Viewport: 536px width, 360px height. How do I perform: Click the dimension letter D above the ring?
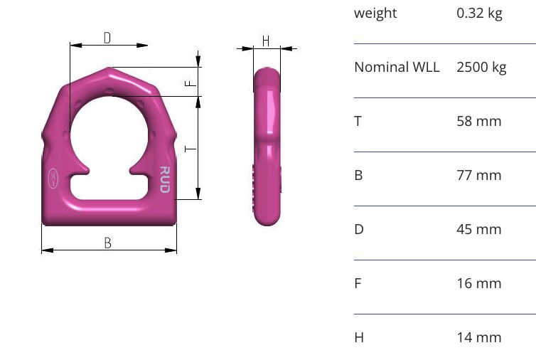[107, 38]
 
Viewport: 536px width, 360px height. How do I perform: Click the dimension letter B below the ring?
[108, 243]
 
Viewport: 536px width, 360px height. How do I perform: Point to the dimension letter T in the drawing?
[189, 149]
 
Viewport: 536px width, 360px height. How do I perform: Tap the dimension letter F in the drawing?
[189, 83]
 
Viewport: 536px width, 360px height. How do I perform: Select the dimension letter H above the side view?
[266, 41]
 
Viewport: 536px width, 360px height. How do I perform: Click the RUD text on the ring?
[164, 179]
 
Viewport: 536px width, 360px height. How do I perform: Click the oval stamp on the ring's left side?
[53, 178]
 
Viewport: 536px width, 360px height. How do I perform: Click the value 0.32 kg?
[479, 13]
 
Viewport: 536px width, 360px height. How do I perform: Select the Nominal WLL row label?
[397, 68]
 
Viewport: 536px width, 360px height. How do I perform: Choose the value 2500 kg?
[481, 68]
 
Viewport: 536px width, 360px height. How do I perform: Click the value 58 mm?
[478, 121]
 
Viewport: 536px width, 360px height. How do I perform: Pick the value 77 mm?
[478, 175]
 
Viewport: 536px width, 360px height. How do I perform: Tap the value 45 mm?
[478, 229]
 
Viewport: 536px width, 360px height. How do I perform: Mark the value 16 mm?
[478, 283]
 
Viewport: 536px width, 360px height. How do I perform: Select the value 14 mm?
[478, 337]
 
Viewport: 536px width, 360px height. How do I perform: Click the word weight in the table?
[375, 13]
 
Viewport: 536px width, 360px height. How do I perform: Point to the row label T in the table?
[358, 121]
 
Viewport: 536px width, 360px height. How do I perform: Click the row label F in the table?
[358, 283]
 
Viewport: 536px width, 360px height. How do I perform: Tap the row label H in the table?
[359, 337]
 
